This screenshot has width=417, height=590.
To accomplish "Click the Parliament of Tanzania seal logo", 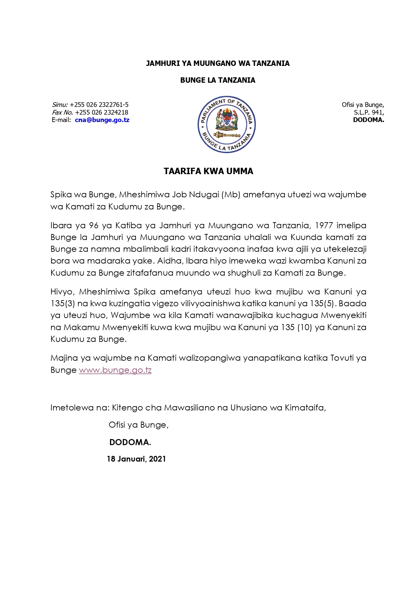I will tap(227, 124).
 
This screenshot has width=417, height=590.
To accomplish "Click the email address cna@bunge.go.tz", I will tap(102, 120).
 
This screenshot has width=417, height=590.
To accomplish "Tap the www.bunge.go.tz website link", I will tap(115, 370).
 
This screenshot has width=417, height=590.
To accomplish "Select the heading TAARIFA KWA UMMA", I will tap(208, 171).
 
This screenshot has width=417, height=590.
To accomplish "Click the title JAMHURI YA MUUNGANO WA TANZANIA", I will tap(218, 64).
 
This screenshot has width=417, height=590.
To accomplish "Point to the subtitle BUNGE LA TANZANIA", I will tap(218, 80).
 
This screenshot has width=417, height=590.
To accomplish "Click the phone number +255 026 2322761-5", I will tap(99, 105).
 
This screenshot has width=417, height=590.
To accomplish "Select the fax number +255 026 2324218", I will tap(102, 113).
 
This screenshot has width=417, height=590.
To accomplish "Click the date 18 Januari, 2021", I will tap(136, 459).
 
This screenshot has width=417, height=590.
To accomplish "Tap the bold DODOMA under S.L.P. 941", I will tap(368, 120).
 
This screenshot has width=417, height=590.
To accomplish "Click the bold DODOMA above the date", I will tap(130, 442).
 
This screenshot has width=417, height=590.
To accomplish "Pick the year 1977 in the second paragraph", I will tap(324, 225).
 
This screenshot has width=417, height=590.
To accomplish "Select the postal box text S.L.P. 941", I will tap(369, 113).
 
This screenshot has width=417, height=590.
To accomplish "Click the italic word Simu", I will tap(60, 105).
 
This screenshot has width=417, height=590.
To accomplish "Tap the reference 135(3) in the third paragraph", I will tap(63, 304).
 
